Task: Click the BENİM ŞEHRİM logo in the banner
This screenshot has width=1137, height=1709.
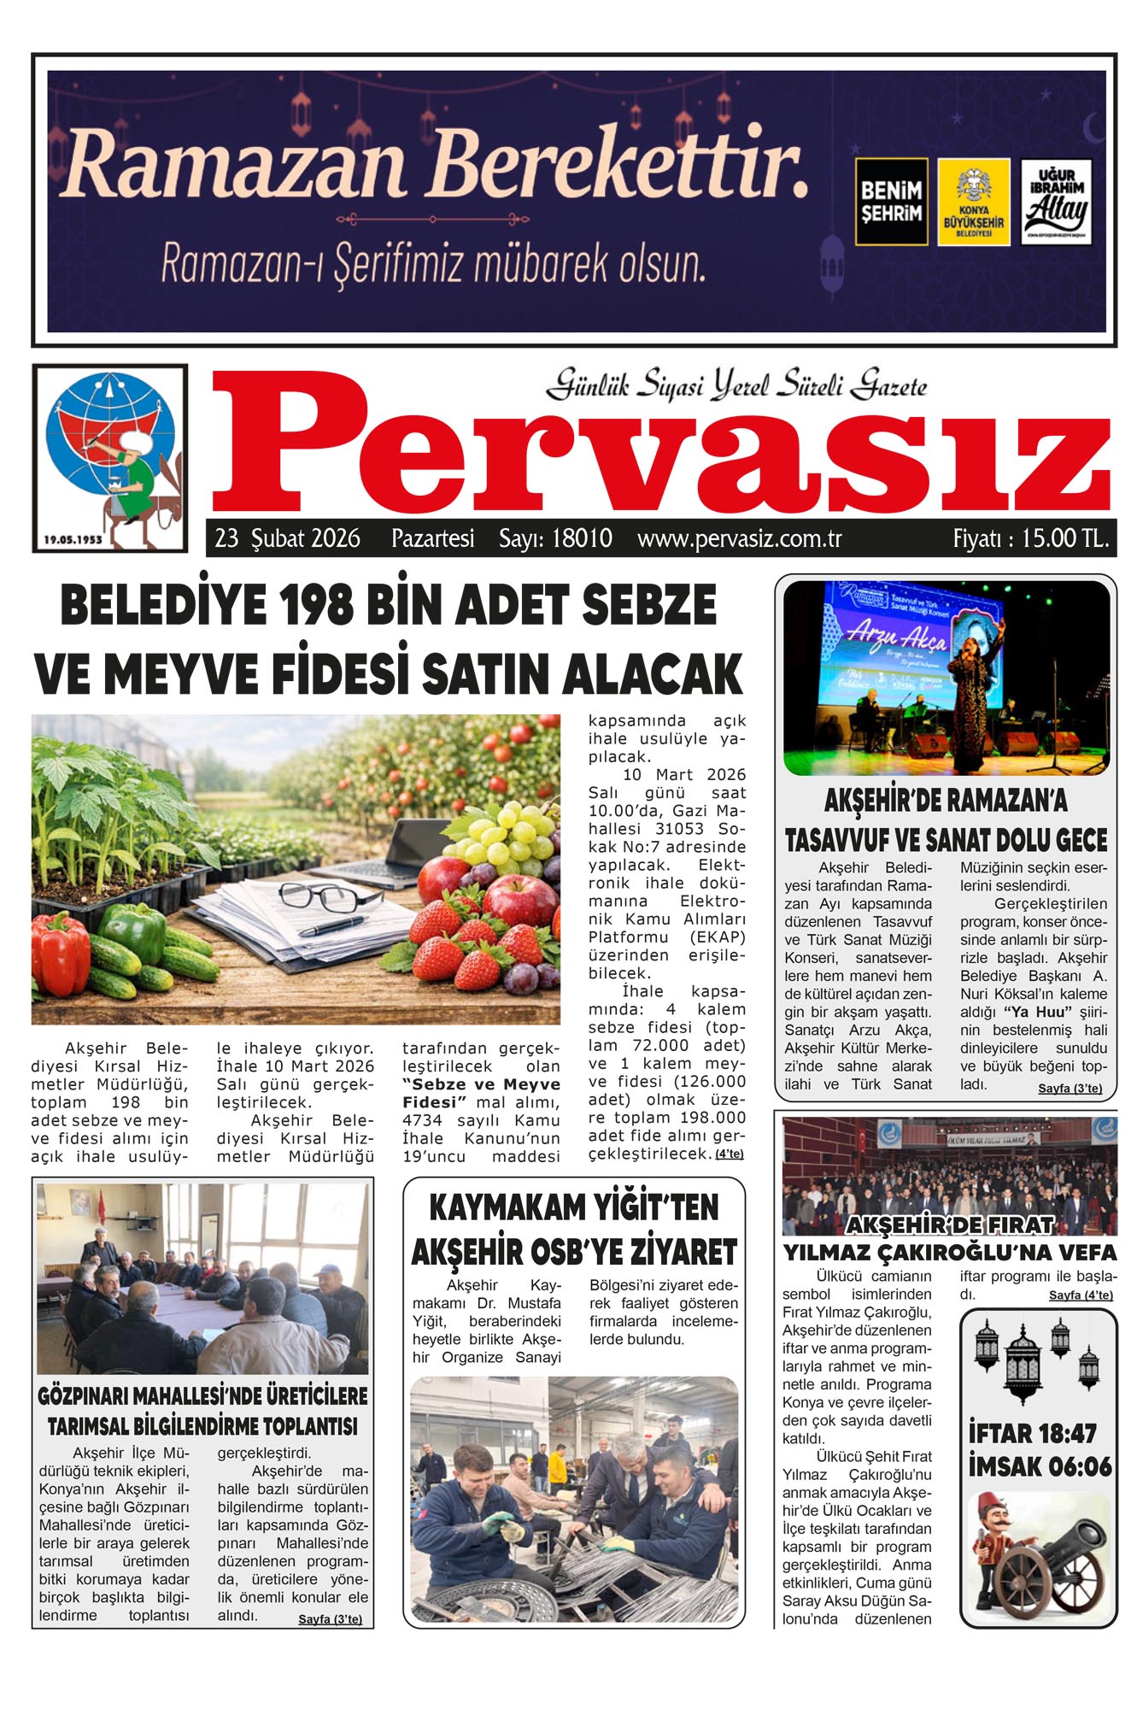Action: [x=891, y=202]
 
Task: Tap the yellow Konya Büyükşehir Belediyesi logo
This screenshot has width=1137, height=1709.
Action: [x=973, y=202]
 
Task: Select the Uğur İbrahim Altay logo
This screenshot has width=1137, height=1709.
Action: [x=1056, y=202]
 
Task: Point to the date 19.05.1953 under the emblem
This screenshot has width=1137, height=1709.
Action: [x=73, y=539]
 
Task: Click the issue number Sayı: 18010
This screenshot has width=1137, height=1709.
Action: [x=555, y=538]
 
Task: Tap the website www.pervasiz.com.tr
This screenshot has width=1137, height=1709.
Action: [x=739, y=539]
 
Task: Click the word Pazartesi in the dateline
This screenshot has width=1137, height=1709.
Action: [x=432, y=538]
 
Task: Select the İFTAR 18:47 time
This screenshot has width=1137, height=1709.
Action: [x=1032, y=1433]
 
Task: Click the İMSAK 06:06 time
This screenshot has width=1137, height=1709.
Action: [x=1040, y=1467]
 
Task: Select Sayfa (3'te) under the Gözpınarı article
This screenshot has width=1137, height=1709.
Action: [x=330, y=1619]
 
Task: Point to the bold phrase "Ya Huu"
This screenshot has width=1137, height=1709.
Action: [x=1037, y=1013]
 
